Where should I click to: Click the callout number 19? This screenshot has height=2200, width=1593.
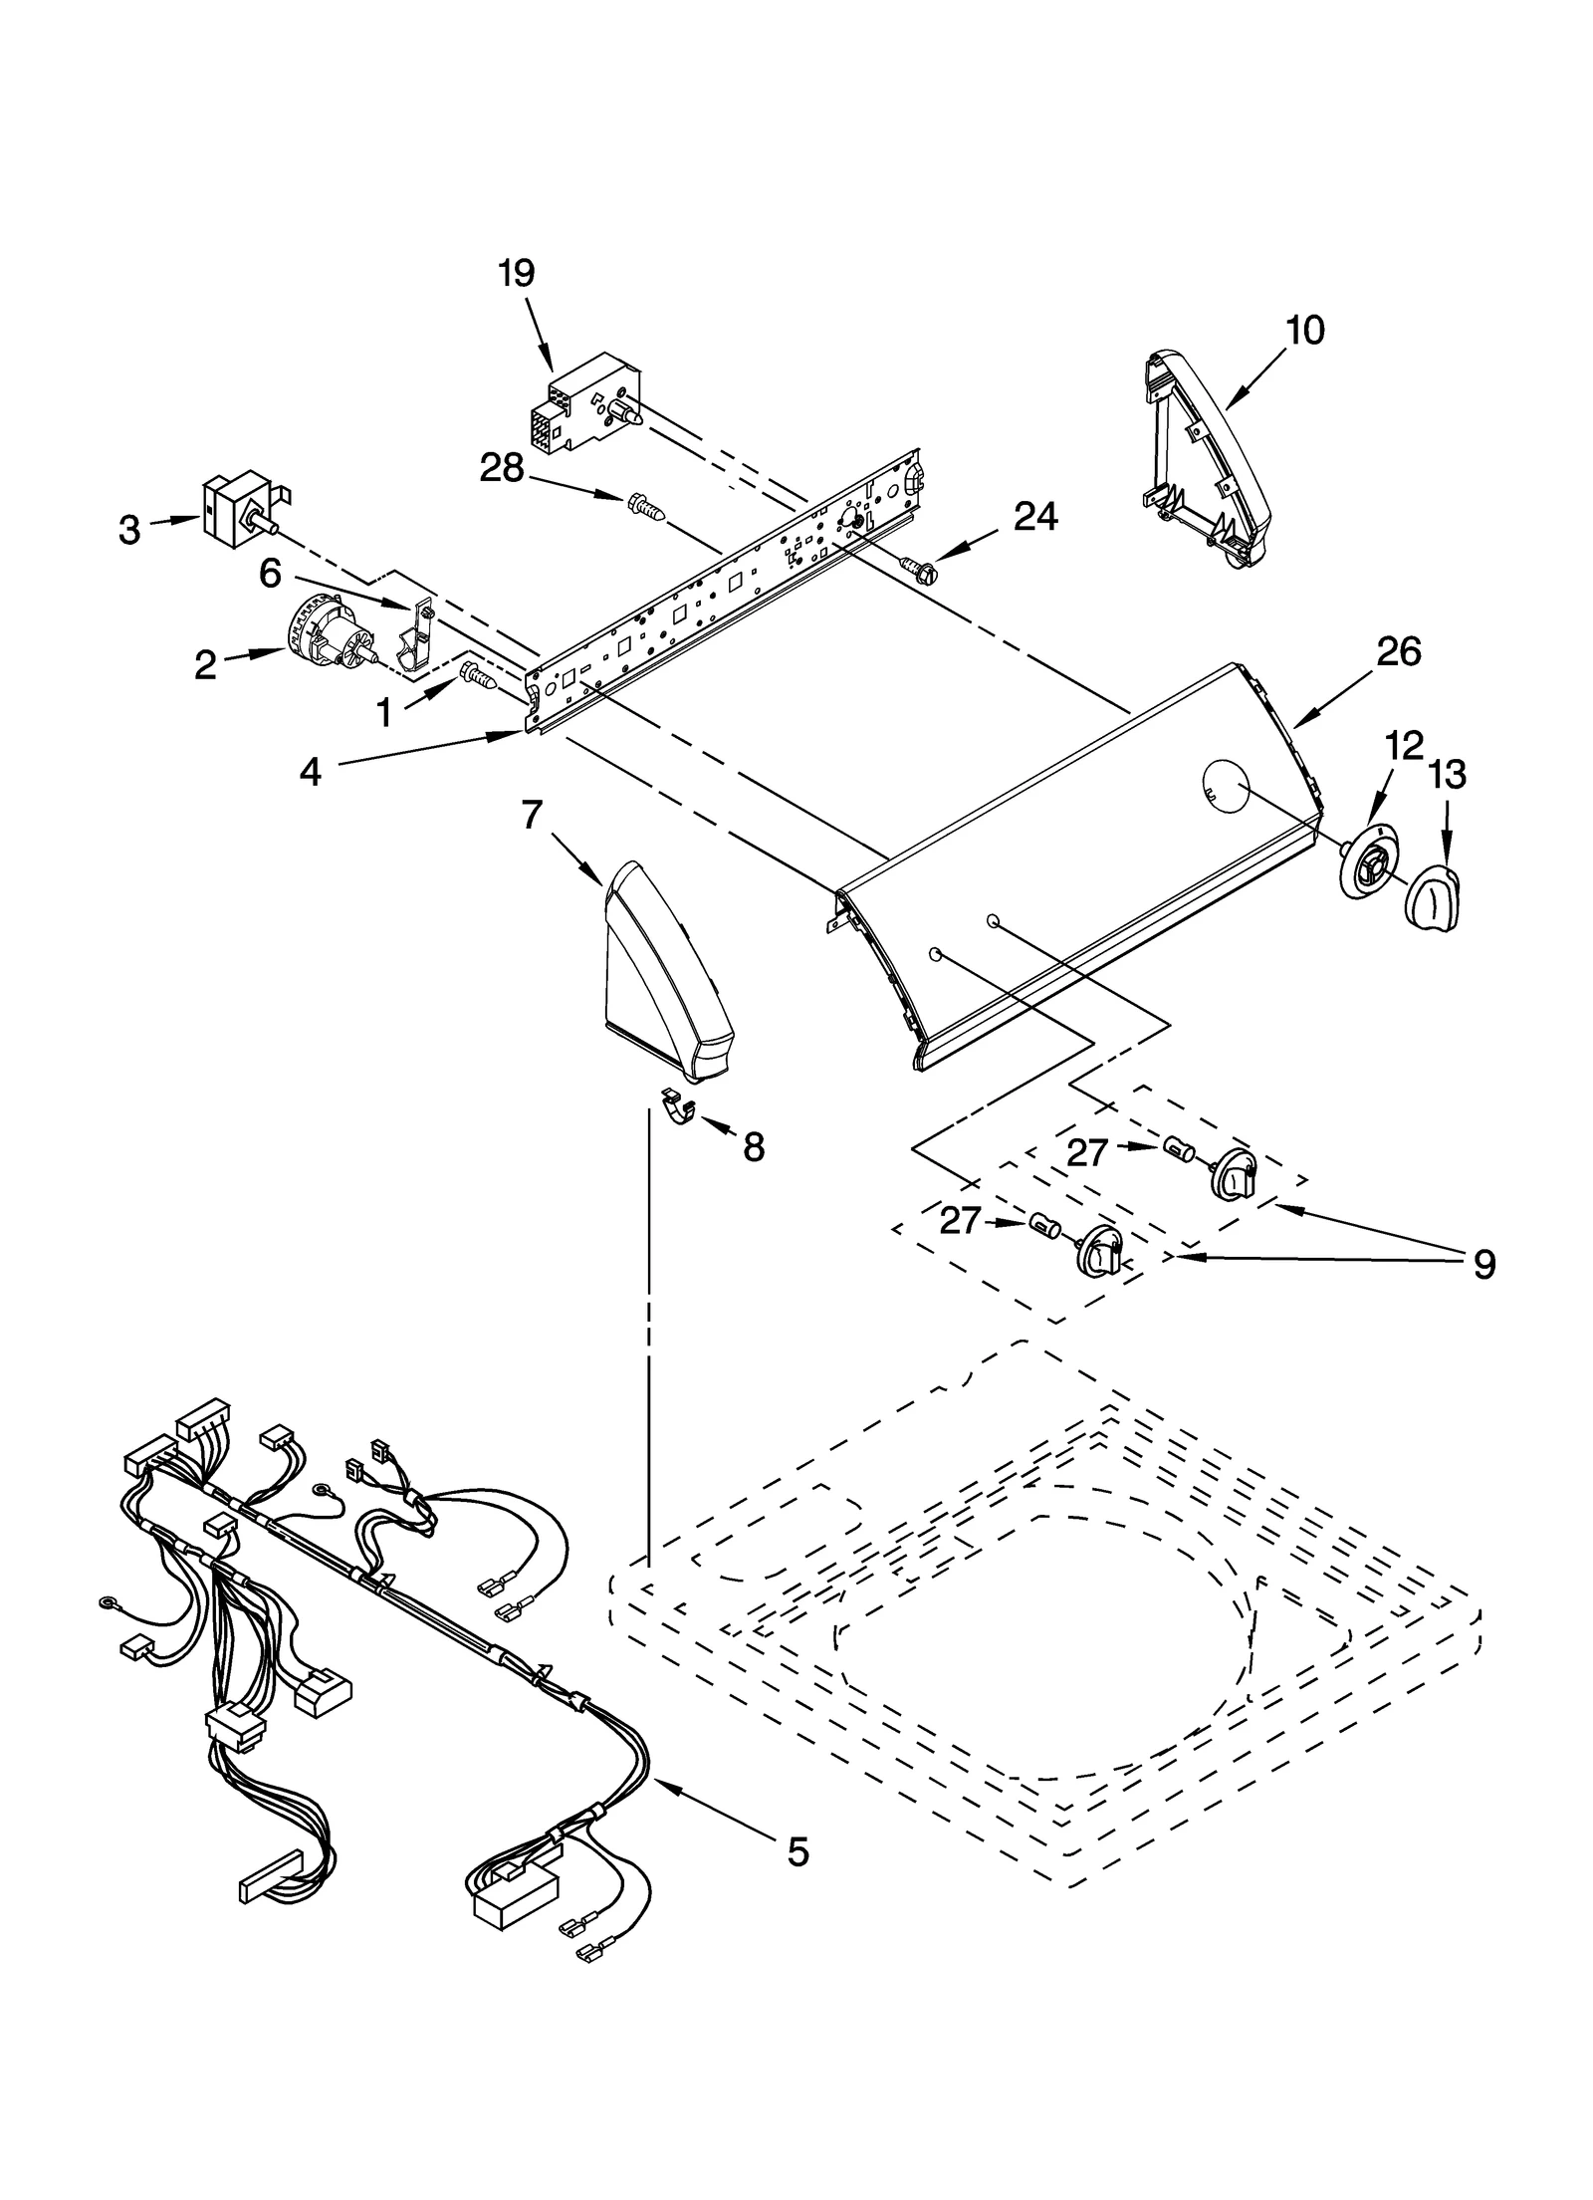coord(517,273)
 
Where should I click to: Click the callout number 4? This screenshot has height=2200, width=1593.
coord(311,772)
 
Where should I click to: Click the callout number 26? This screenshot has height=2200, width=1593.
coord(1398,652)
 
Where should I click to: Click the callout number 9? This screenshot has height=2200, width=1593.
coord(1483,1265)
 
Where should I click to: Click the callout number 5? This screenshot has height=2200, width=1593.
coord(797,1851)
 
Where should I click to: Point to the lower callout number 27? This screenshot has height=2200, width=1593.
coord(961,1221)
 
